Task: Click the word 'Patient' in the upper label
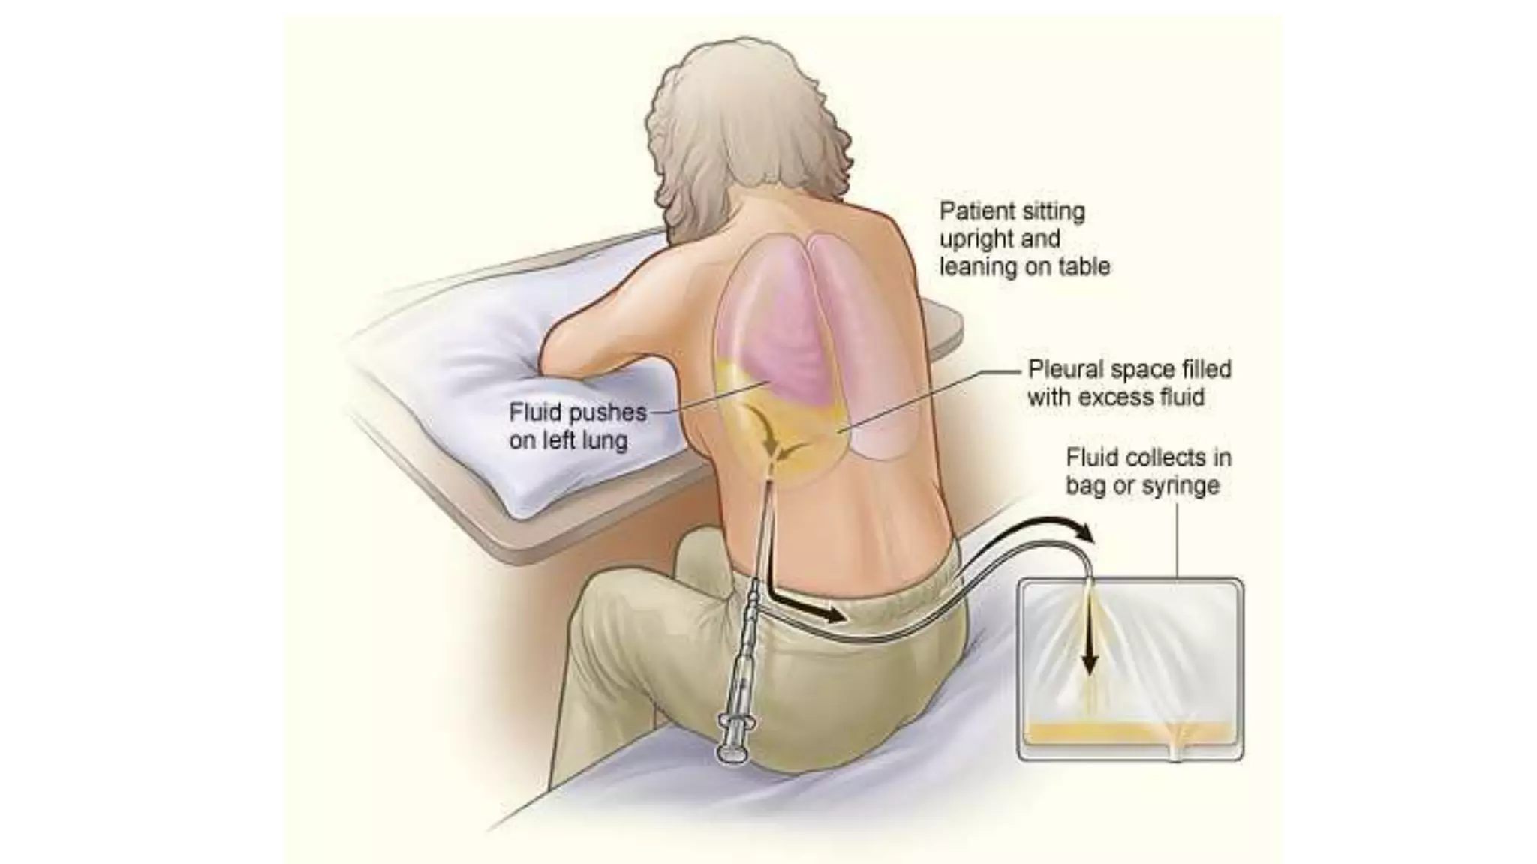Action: coord(971,211)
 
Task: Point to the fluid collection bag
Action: coord(1130,667)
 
